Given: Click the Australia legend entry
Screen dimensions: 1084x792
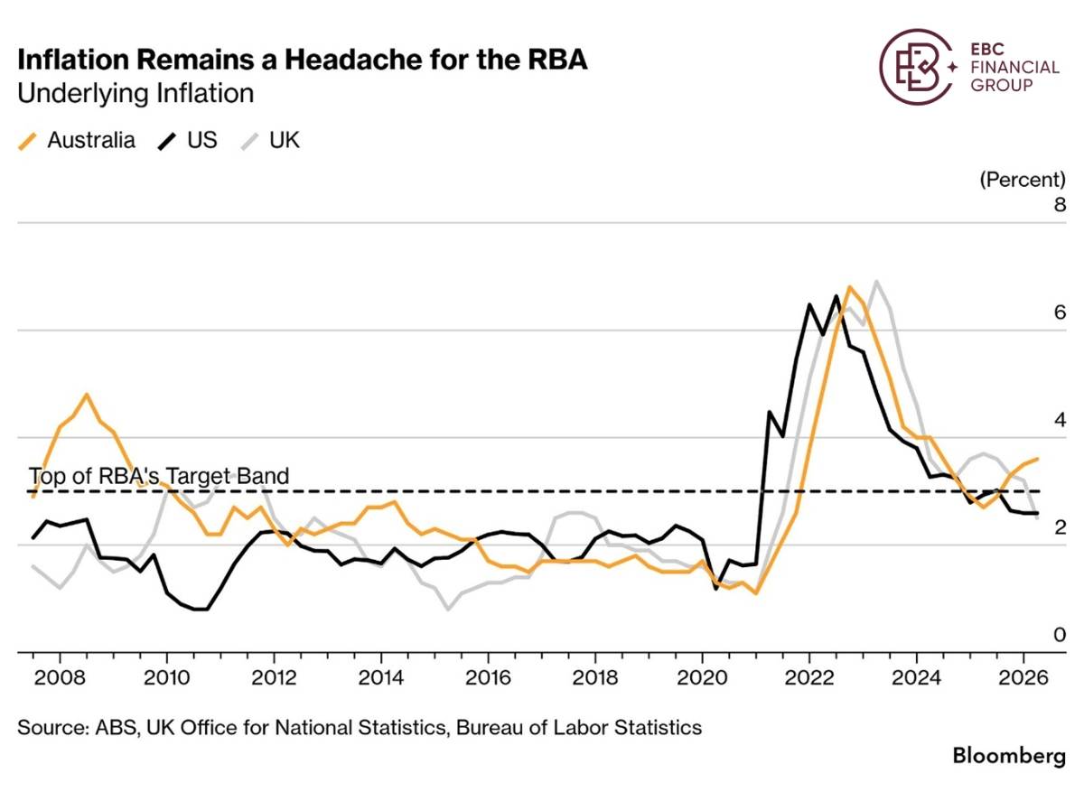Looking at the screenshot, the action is tap(77, 141).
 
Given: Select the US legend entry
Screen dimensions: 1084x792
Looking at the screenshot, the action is tap(187, 141).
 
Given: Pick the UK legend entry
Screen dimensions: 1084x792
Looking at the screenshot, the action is tap(270, 141).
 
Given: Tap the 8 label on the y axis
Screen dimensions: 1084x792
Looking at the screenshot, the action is tap(1060, 205).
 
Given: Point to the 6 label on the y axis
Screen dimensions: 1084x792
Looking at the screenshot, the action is tap(1060, 312).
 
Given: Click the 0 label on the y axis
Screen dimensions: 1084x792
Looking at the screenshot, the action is tap(1060, 634).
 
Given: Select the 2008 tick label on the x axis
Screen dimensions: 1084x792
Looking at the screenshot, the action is tap(60, 678).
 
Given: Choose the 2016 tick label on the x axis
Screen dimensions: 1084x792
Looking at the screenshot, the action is tap(488, 678).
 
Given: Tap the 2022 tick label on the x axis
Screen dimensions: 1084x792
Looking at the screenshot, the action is tap(809, 678).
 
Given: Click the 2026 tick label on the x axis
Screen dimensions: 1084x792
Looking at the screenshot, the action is tap(1023, 678).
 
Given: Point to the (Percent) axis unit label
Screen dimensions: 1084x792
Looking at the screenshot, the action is tap(1023, 180).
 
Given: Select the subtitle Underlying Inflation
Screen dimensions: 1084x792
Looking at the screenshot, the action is tap(135, 93).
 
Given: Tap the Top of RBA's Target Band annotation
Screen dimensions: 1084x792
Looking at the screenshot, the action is tap(159, 476).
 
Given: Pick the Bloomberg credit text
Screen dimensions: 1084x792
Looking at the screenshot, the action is tap(1009, 756).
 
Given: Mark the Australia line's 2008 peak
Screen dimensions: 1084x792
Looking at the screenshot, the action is tap(87, 395).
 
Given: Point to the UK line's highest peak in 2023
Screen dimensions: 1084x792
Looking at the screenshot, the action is tap(876, 281).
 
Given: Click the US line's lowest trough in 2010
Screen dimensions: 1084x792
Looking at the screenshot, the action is tap(201, 610).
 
